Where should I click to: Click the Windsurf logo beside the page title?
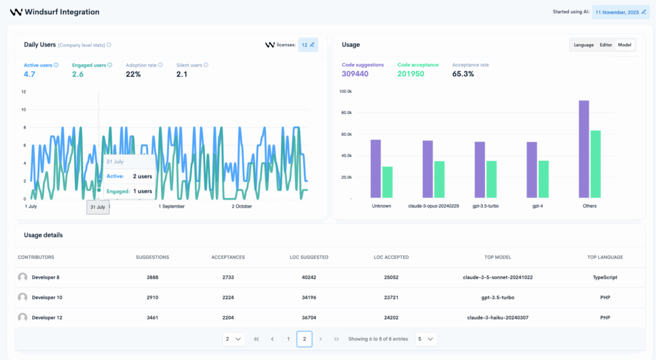coord(16,12)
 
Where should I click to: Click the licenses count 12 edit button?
coord(308,45)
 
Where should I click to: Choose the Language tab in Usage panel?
coord(584,45)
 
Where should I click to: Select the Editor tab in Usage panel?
coord(605,45)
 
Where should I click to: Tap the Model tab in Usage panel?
coord(625,45)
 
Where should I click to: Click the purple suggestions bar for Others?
coord(584,149)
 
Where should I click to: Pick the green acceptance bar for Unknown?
coord(387,182)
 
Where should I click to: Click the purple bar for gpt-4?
coord(532,170)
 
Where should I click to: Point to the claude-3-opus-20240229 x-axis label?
coord(434,206)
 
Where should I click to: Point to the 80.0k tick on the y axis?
coord(346,113)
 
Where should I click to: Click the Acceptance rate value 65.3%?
coord(463,74)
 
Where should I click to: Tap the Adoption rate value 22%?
coord(133,74)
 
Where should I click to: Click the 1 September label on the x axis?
coord(171,206)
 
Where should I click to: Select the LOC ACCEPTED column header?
coord(391,257)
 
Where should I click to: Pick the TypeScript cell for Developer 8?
coord(605,277)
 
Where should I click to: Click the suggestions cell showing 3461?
coord(152,318)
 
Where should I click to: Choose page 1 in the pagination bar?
coord(288,339)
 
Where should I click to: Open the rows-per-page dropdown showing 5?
coord(426,339)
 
